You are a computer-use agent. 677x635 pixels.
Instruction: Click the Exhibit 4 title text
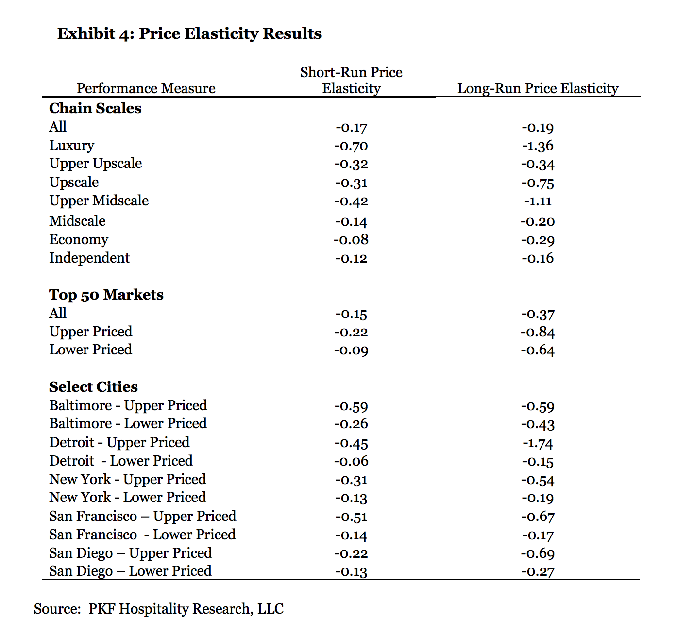189,33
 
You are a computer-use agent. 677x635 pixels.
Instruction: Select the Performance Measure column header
146,88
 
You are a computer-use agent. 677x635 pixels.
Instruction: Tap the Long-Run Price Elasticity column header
538,88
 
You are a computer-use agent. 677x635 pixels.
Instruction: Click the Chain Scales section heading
95,108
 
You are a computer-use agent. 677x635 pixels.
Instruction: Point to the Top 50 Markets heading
106,295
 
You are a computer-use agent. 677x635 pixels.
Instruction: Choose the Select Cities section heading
93,387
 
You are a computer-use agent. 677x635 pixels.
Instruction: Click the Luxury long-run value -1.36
538,146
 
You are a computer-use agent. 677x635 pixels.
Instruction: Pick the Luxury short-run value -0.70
351,146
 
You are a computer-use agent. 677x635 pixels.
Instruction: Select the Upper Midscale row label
99,201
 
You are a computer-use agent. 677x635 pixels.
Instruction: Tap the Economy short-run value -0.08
351,240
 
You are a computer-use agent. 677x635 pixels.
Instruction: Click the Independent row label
89,258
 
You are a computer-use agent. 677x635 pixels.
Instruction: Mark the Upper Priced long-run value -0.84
538,332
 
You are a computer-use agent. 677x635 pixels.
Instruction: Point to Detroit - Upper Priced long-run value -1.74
538,443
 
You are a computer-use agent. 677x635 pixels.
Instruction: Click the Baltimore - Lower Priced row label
128,423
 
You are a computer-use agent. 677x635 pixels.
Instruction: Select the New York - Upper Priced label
127,479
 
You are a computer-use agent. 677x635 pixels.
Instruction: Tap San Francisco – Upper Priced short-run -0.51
351,517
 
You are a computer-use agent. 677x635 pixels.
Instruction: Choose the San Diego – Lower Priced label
130,571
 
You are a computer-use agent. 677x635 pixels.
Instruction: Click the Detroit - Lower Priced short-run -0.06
351,461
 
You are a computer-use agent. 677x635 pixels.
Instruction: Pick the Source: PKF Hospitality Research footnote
158,609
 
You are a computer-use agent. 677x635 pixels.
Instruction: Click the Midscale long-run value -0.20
538,221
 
